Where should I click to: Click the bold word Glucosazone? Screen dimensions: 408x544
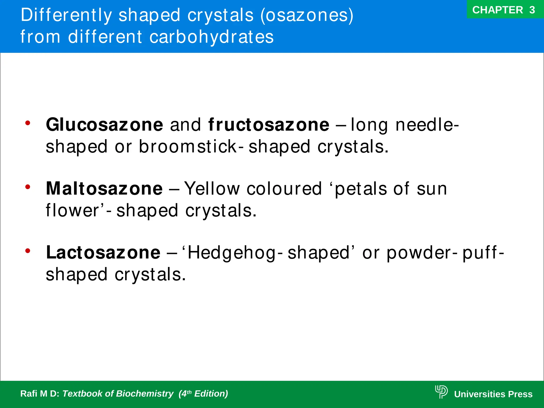(104, 125)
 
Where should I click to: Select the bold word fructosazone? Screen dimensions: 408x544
(269, 125)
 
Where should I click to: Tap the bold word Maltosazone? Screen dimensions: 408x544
(104, 189)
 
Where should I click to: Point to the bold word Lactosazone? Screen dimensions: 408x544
(103, 253)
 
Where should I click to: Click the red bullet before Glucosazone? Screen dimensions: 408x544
(28, 123)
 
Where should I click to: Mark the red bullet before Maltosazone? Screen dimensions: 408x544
(28, 187)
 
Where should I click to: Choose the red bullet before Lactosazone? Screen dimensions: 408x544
(28, 251)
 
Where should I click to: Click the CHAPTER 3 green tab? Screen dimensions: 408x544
(504, 10)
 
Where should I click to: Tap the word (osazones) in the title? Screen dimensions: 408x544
(307, 15)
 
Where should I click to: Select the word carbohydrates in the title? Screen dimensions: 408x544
(211, 37)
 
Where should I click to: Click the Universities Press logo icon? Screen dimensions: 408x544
(441, 392)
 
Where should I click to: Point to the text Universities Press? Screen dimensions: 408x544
(493, 394)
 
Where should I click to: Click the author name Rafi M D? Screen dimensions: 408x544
(40, 394)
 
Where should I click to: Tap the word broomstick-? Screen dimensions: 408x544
(191, 147)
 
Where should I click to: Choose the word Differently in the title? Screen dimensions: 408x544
(66, 15)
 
